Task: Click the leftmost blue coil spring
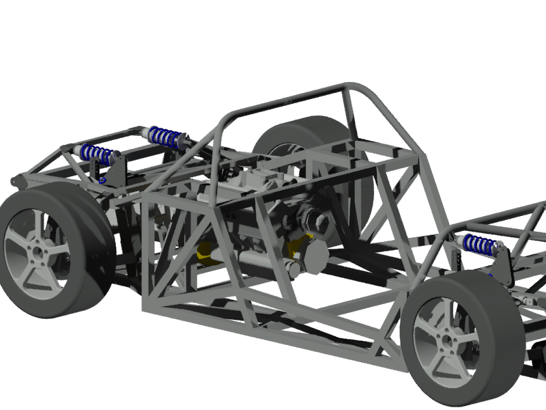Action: [96, 154]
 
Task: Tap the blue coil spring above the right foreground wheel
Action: [481, 244]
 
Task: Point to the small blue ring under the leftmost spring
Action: [102, 180]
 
